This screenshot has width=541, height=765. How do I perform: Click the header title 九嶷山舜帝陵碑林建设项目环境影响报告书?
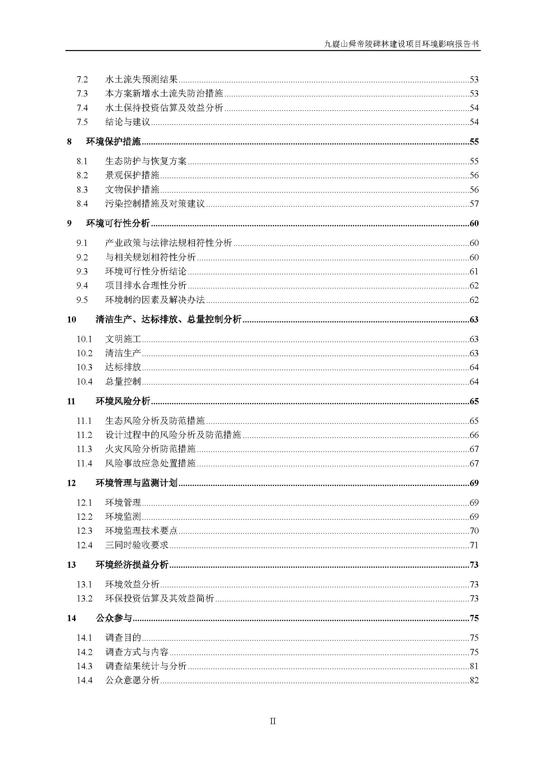tap(402, 44)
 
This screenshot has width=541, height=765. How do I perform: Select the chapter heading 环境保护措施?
tap(113, 142)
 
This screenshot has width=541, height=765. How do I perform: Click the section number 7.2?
tap(82, 79)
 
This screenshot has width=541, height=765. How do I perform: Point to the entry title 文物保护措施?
tap(132, 190)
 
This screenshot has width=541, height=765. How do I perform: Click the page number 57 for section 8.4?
tap(474, 203)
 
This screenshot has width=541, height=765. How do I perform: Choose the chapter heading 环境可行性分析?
tap(118, 223)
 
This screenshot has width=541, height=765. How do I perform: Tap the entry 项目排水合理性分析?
tap(146, 286)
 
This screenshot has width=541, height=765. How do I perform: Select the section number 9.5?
tap(82, 300)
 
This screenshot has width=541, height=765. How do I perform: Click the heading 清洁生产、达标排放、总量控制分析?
tap(168, 320)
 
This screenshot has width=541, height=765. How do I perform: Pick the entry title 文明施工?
tap(123, 339)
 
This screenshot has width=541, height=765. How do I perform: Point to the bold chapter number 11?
tap(71, 401)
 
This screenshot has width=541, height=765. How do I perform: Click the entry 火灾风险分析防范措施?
tap(150, 449)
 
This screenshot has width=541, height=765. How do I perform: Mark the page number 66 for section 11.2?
tap(474, 435)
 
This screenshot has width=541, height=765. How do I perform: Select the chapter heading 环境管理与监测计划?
tap(137, 483)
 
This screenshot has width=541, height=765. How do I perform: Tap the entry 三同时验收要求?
tap(137, 545)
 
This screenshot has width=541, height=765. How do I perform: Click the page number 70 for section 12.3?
tap(474, 531)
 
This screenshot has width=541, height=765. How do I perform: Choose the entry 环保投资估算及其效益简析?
tap(159, 599)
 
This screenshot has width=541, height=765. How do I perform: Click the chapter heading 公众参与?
tap(114, 618)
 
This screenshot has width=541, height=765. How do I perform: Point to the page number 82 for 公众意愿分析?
tap(474, 680)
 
